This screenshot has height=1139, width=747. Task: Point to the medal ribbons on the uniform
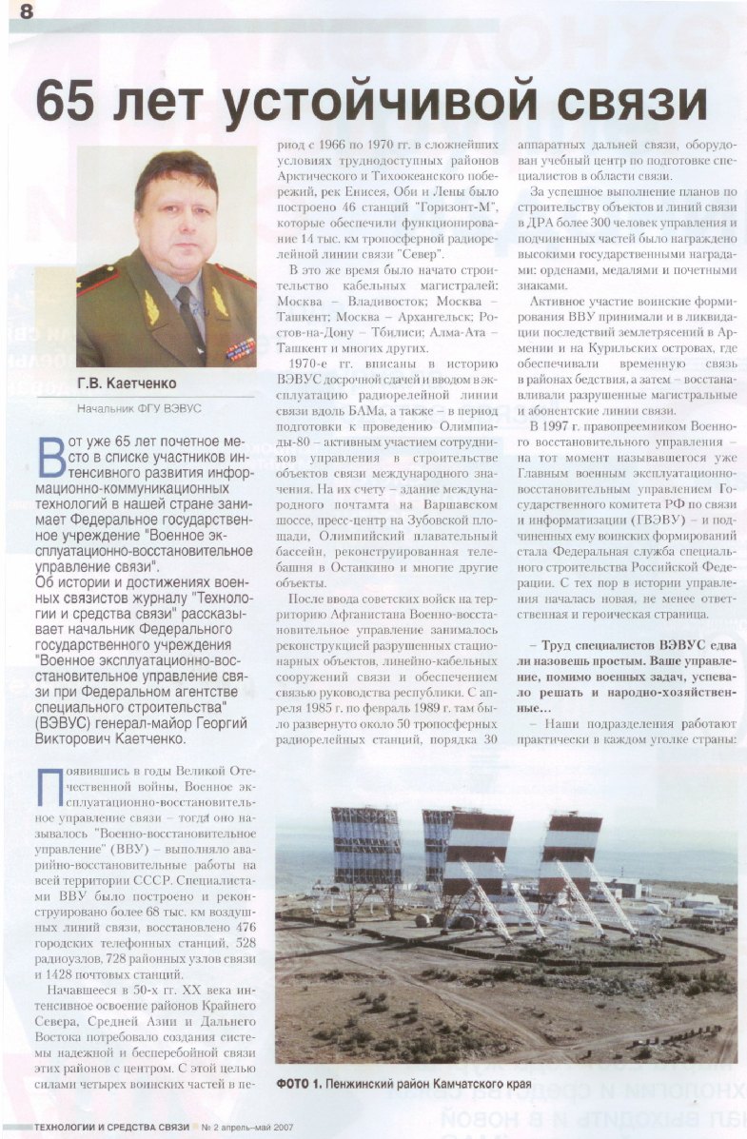coord(241,348)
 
